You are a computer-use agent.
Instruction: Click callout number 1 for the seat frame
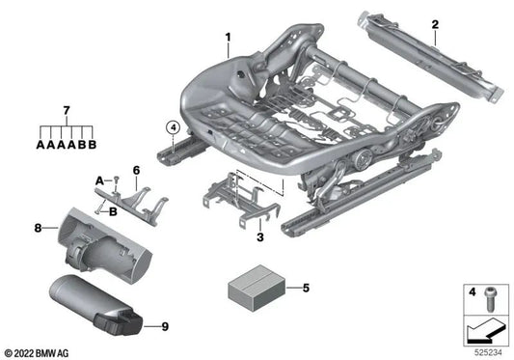228,38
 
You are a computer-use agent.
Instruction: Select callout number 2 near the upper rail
435,25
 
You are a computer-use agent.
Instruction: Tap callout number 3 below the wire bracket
260,236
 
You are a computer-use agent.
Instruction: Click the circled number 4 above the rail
173,127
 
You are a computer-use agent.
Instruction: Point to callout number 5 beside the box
306,289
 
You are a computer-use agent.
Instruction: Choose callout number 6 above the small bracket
136,170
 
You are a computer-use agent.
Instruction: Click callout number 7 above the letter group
67,111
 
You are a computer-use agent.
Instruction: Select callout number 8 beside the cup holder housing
39,228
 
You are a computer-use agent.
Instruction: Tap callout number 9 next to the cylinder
165,326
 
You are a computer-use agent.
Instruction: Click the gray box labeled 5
257,289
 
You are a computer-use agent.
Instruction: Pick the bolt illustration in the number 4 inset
490,299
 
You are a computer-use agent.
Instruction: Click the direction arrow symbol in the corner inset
486,331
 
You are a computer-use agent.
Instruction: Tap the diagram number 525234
488,353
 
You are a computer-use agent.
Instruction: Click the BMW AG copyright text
37,353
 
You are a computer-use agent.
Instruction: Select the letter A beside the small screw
99,180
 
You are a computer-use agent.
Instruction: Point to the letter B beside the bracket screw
113,211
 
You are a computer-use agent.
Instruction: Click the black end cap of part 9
119,324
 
